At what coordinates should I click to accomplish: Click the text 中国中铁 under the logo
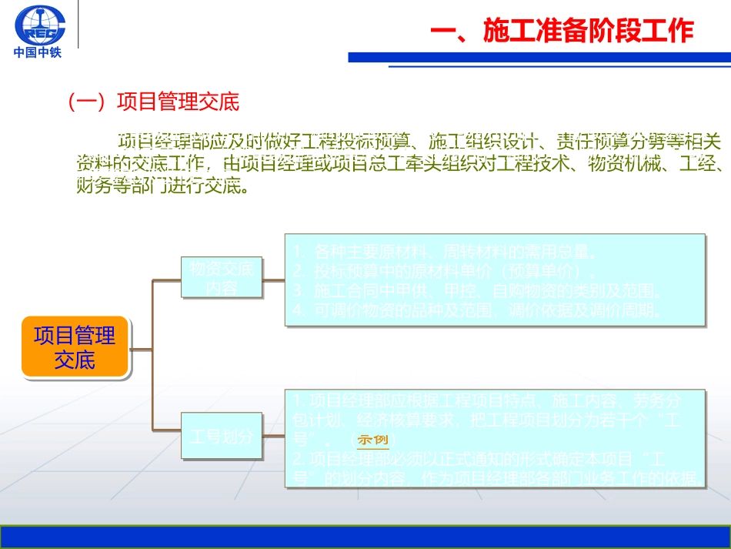point(38,53)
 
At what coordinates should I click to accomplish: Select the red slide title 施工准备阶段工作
point(562,32)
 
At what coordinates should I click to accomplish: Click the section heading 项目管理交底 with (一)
point(154,102)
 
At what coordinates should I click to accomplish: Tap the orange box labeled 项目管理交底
point(75,347)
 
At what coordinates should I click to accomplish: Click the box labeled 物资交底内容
point(222,277)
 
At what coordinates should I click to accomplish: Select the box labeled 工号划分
point(222,437)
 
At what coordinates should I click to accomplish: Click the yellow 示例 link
point(373,440)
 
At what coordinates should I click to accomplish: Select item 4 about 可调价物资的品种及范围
point(477,311)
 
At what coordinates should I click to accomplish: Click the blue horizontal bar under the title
point(539,58)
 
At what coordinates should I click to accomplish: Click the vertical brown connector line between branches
point(152,354)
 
